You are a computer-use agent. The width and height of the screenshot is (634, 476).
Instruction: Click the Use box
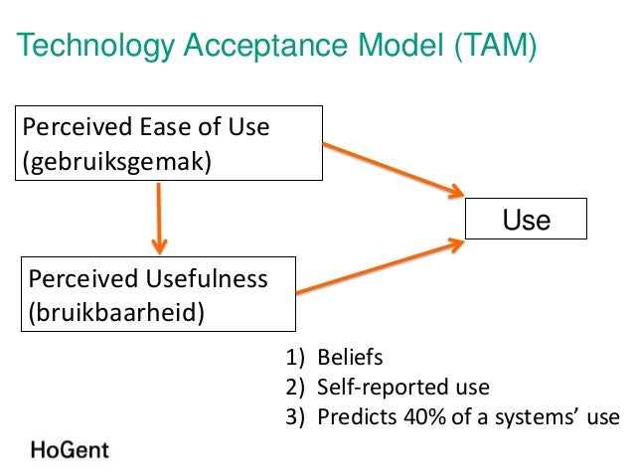coord(527,220)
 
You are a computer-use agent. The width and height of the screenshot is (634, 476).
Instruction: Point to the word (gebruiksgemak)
coord(118,161)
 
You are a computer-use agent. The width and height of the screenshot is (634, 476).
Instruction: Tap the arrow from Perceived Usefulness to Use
coord(383,266)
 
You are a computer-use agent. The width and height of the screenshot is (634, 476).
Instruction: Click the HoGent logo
coord(70,449)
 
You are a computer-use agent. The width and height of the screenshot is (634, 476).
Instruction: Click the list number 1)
coord(295,358)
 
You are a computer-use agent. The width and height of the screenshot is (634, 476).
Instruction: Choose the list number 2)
coord(295,388)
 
